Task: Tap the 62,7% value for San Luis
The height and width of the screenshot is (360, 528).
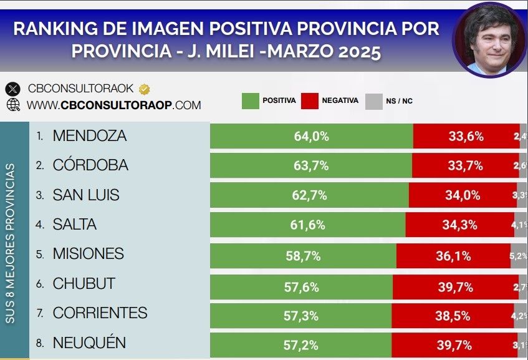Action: tap(309, 195)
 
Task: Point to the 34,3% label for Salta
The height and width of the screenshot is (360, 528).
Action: tap(459, 225)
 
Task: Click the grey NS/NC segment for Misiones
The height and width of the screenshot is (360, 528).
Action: tap(519, 255)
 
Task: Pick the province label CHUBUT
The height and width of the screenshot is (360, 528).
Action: tap(84, 283)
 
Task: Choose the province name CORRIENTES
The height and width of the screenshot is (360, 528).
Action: tap(100, 313)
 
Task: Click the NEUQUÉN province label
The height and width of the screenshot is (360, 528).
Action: tap(89, 343)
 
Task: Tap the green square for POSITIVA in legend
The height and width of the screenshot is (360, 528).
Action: tap(250, 100)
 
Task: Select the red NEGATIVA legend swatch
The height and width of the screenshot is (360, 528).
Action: tap(309, 100)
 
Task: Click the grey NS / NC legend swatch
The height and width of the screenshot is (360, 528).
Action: tap(373, 100)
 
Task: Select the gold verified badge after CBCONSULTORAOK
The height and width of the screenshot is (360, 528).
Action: tap(143, 89)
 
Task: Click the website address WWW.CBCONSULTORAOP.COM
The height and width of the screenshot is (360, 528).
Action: tap(113, 105)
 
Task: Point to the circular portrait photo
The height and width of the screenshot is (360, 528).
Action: tap(489, 40)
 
